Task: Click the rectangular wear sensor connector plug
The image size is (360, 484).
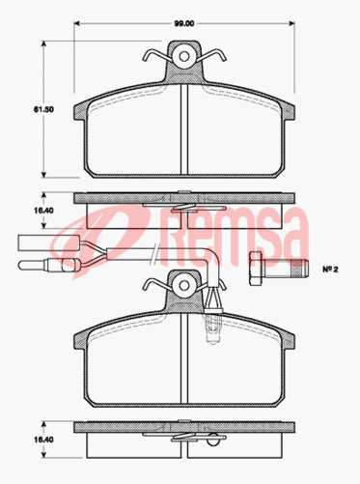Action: (33, 244)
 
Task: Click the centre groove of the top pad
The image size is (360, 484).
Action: (183, 130)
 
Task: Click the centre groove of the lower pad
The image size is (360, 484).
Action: (183, 358)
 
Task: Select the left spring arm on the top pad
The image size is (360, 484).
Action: (154, 57)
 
